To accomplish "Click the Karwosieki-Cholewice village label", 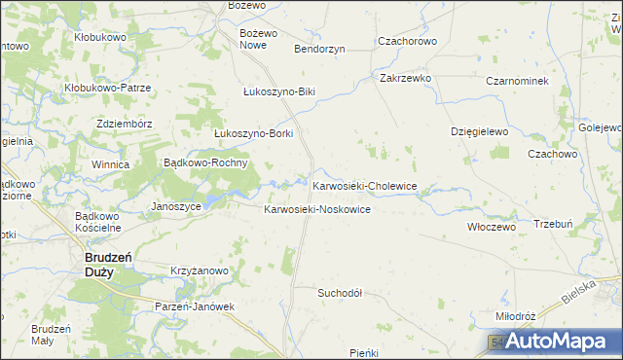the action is coord(364,186).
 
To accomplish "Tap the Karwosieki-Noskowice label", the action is coord(317,210).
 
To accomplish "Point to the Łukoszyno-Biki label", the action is coord(279,91).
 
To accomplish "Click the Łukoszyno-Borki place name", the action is coord(253,133).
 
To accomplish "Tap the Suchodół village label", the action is coord(340,292).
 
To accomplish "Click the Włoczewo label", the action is coord(491,226).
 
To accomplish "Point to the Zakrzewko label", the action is coord(406,78).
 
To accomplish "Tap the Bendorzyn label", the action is coord(319,49).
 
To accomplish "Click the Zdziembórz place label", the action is coord(125,124).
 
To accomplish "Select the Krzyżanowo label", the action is coord(199,270).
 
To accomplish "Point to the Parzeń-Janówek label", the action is coord(196,306).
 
